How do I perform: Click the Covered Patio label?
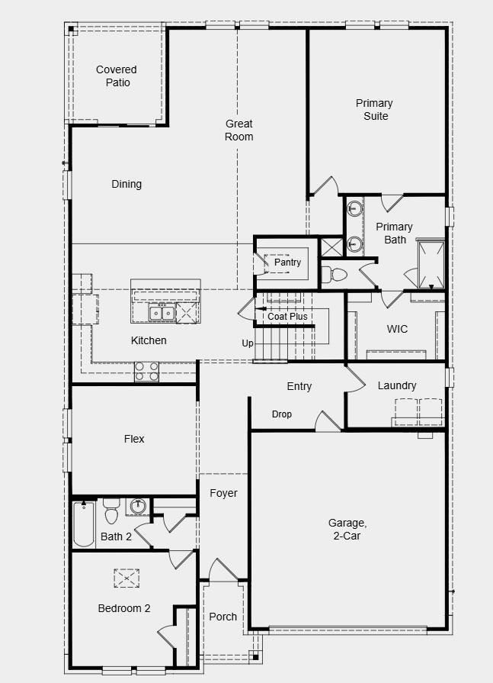pos(117,76)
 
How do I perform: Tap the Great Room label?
pos(238,130)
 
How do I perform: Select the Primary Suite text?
pos(374,109)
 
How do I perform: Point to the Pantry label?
pos(287,262)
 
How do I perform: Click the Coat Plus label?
pos(287,316)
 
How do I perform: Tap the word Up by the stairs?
pos(248,343)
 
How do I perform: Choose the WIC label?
pos(397,329)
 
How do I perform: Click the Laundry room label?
pos(397,385)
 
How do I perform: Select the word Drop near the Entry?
pos(282,414)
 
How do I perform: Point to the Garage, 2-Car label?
pos(347,529)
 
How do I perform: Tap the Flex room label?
pos(134,439)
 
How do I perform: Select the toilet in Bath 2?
pos(111,512)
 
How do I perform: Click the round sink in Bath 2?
pos(138,506)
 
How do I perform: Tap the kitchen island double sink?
pos(161,313)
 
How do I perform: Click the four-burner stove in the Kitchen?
pos(147,371)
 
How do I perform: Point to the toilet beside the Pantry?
pos(335,274)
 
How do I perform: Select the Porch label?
pos(223,617)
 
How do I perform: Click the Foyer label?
pos(223,493)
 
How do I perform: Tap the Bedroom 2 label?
pos(124,608)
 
